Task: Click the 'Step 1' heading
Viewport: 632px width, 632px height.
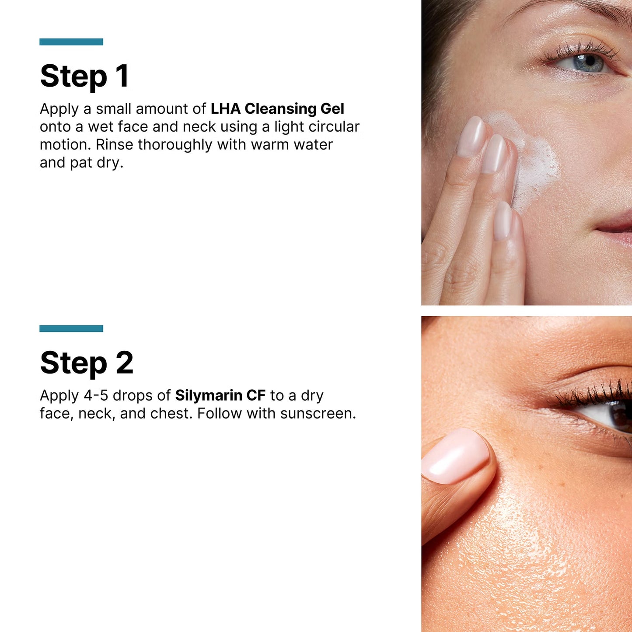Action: point(84,76)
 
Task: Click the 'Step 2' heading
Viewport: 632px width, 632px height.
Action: point(87,363)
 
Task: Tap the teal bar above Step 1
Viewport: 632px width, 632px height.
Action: point(71,42)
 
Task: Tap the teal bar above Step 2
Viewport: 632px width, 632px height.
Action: point(71,328)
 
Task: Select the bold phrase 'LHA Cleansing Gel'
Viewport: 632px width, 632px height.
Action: point(277,108)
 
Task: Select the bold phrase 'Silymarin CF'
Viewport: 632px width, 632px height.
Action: point(220,395)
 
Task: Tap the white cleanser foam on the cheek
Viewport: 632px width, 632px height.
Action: point(538,162)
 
